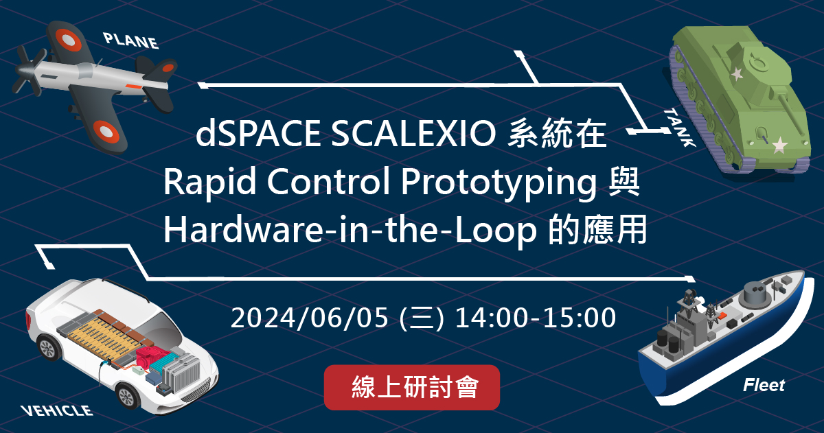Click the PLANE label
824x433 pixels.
(131, 40)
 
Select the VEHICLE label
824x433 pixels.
(56, 411)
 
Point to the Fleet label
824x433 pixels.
(764, 385)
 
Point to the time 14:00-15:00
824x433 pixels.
(535, 318)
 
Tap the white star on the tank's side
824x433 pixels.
(779, 145)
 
